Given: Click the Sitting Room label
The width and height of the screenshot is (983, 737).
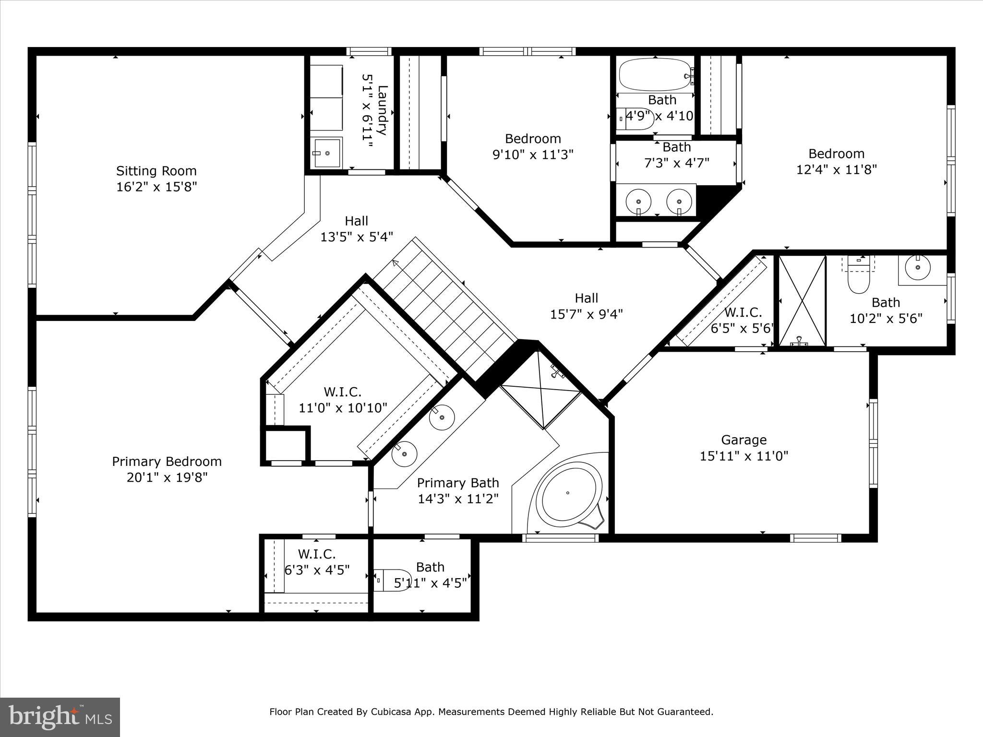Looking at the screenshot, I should coord(156,171).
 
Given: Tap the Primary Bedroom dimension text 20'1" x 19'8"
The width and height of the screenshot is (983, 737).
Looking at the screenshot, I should coord(167,477).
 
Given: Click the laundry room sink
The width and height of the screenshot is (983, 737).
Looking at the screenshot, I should coord(327,153).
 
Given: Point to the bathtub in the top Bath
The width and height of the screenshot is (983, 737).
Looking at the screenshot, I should coord(655,74).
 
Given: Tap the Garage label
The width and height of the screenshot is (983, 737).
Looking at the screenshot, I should coord(743,440).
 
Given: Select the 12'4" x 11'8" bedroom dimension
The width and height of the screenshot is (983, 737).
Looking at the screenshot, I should coord(837,169).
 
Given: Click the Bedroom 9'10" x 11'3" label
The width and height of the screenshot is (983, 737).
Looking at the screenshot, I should coord(533,139).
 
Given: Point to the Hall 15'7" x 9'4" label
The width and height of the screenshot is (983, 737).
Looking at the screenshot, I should coord(586,298).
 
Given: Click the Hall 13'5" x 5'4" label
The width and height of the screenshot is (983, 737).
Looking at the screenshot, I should coord(356,221).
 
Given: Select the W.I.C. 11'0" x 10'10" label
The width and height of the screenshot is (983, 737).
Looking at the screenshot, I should coord(342,392).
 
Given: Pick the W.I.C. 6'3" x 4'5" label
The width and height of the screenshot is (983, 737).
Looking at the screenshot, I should coord(316,554).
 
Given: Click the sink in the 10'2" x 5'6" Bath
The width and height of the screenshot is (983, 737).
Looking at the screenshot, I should coord(917,267).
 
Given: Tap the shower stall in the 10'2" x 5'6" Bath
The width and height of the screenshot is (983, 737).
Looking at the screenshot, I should coord(802,300).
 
